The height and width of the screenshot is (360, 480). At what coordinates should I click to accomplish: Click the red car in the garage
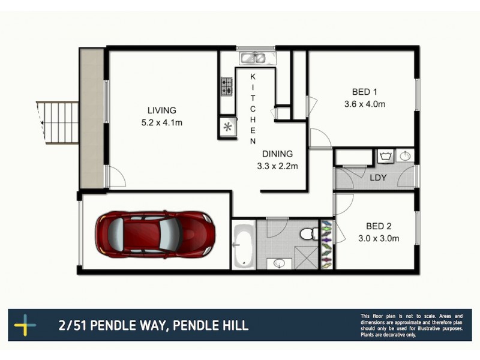[x=155, y=232]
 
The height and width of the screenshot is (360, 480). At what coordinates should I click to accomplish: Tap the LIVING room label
[x=161, y=110]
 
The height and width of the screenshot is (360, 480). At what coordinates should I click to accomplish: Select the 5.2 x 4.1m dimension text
[x=161, y=123]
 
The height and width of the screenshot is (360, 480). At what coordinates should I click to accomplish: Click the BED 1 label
[x=364, y=92]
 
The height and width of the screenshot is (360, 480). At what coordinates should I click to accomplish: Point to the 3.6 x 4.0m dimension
[x=364, y=104]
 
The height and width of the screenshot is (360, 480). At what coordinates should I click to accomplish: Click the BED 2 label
[x=379, y=226]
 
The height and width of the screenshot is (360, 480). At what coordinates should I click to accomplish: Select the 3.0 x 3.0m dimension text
[x=379, y=238]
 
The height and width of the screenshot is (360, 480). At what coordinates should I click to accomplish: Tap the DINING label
[x=277, y=154]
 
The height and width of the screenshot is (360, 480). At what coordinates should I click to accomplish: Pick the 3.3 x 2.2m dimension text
[x=277, y=166]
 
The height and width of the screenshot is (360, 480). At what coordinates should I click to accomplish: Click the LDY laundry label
[x=378, y=178]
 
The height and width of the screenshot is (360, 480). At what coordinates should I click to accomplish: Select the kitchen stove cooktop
[x=227, y=88]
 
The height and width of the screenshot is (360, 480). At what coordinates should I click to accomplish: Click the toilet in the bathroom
[x=308, y=232]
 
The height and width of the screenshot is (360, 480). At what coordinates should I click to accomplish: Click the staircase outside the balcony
[x=59, y=122]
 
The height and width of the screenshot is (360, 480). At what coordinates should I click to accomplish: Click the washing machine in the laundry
[x=385, y=157]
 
